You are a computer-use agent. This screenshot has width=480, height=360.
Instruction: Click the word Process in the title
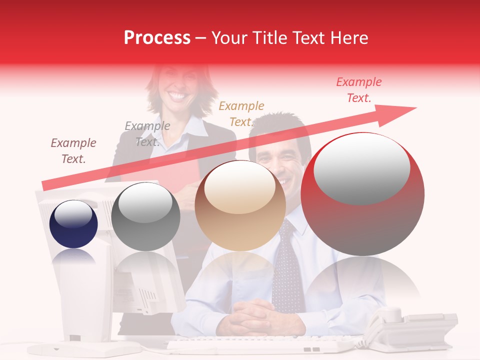[x=157, y=37]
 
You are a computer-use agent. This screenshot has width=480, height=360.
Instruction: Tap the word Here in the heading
[x=348, y=37]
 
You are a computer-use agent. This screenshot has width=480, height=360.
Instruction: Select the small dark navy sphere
[x=73, y=224]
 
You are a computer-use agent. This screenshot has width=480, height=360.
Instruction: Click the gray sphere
[x=145, y=216]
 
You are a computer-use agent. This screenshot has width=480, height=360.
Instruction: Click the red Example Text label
[x=358, y=90]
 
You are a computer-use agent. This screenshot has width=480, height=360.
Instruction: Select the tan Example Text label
[x=241, y=114]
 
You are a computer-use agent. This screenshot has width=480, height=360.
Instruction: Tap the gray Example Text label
[x=147, y=134]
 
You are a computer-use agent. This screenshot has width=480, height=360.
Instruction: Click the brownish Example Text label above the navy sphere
[x=73, y=151]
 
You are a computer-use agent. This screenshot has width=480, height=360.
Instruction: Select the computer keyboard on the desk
[x=260, y=345]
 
